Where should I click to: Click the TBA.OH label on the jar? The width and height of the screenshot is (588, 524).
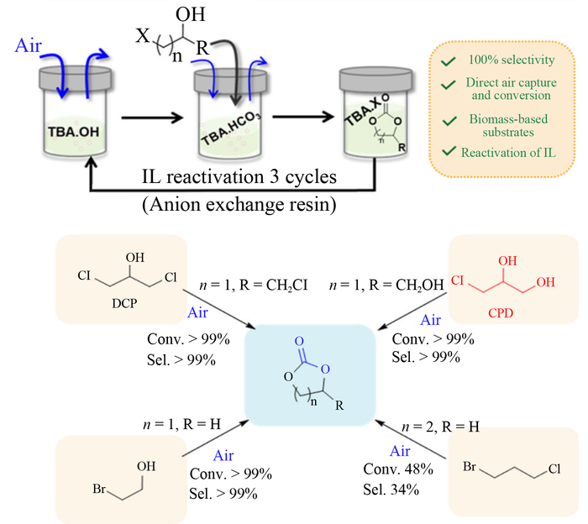[x=74, y=132]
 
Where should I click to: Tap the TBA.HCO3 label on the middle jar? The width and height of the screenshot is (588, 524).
[x=231, y=128]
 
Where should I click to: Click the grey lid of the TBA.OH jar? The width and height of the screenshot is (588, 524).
[x=75, y=78]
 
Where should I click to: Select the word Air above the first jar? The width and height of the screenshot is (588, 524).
[x=28, y=46]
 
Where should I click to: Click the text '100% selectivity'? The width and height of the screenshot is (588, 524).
[x=512, y=60]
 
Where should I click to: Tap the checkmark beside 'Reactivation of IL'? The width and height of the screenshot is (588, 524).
[x=449, y=151]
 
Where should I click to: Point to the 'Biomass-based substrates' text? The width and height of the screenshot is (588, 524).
[x=508, y=125]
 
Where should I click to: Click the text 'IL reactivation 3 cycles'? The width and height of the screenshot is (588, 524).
[x=239, y=176]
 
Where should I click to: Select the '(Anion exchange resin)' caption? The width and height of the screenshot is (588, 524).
[x=239, y=205]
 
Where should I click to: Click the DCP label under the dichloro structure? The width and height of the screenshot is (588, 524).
[x=124, y=303]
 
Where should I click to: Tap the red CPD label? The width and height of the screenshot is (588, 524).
[x=501, y=312]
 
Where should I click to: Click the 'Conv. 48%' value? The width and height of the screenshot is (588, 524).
[x=398, y=469]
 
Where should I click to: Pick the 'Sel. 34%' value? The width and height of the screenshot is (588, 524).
[x=391, y=489]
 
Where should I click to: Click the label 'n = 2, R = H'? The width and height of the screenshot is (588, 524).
[x=441, y=427]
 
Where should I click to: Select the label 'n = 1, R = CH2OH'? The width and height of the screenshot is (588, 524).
[x=386, y=286]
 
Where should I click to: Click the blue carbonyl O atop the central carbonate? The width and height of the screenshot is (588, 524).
[x=299, y=341]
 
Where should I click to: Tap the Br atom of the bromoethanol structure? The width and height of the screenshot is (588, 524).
[x=99, y=489]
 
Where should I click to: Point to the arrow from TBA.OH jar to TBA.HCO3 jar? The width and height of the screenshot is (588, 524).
[x=152, y=118]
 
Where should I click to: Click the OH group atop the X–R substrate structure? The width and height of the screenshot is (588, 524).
[x=191, y=14]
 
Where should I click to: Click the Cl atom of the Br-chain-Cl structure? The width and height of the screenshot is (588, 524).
[x=554, y=469]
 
